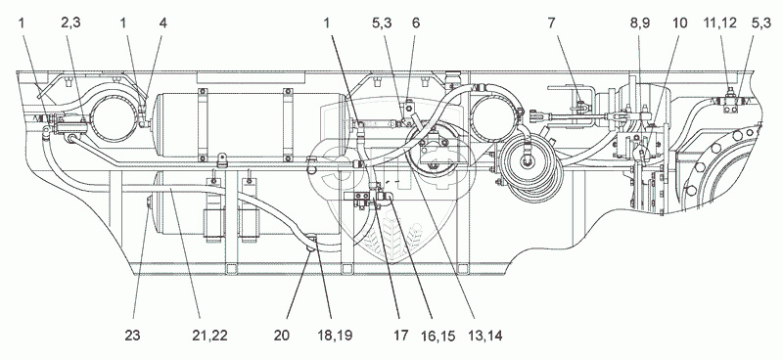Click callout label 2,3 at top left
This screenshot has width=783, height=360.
pos(70,22)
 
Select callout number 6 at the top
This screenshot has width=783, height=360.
pos(416,22)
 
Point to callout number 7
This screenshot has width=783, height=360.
pos(551,22)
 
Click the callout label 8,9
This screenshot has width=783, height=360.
pos(640,22)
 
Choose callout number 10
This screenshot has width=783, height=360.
pos(679,22)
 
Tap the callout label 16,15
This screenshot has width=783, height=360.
pos(438,336)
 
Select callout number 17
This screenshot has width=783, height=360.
pos(399,336)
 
